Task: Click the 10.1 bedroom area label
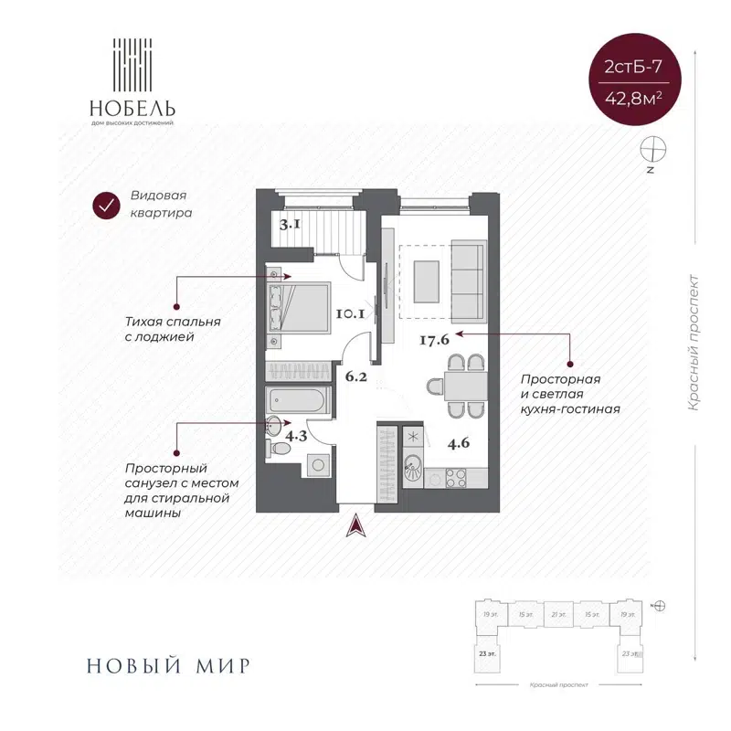click(350, 314)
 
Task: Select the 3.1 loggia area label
click(291, 222)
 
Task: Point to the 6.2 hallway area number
click(355, 374)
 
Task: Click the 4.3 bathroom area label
click(295, 436)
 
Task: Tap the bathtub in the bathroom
click(297, 400)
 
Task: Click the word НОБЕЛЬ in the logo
click(132, 105)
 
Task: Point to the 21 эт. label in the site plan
click(558, 615)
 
